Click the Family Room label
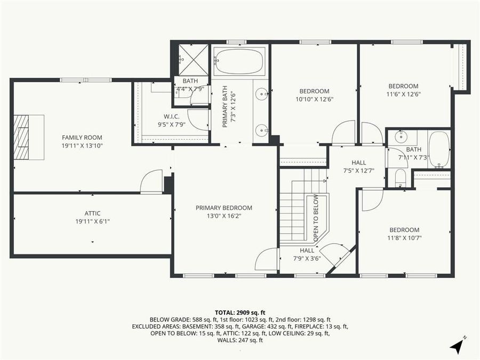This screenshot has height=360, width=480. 82,138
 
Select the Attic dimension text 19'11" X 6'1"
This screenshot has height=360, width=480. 92,221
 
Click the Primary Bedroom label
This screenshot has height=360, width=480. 223,208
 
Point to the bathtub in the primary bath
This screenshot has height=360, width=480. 239,62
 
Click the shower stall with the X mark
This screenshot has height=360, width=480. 193,60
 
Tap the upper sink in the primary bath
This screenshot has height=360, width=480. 261,94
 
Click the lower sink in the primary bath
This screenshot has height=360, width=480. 261,130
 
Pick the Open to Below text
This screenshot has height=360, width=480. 316,219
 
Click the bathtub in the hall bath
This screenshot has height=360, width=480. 439,149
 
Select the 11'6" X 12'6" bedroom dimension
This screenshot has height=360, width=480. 403,95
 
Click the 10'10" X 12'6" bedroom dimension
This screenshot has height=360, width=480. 314,99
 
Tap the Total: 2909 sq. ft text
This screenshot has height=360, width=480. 240,312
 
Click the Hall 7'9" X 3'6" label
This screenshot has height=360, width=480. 307,254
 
